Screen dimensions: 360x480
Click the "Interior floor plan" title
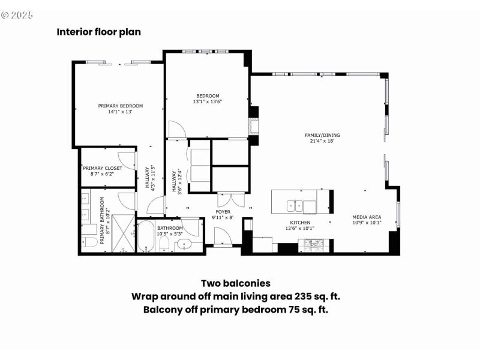[98, 32]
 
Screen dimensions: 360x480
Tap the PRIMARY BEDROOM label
[121, 106]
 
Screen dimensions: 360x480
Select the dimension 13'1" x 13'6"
[208, 101]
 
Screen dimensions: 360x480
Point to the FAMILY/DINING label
[322, 135]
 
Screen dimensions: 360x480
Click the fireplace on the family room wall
[254, 127]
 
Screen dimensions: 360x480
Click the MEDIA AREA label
[367, 217]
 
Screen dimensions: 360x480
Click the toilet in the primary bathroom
[91, 242]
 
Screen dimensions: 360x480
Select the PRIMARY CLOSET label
[102, 168]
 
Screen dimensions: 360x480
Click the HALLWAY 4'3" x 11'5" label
[149, 178]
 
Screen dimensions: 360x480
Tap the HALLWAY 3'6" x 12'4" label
[177, 180]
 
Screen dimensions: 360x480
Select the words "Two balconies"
[235, 283]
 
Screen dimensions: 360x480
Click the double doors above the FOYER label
[232, 200]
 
